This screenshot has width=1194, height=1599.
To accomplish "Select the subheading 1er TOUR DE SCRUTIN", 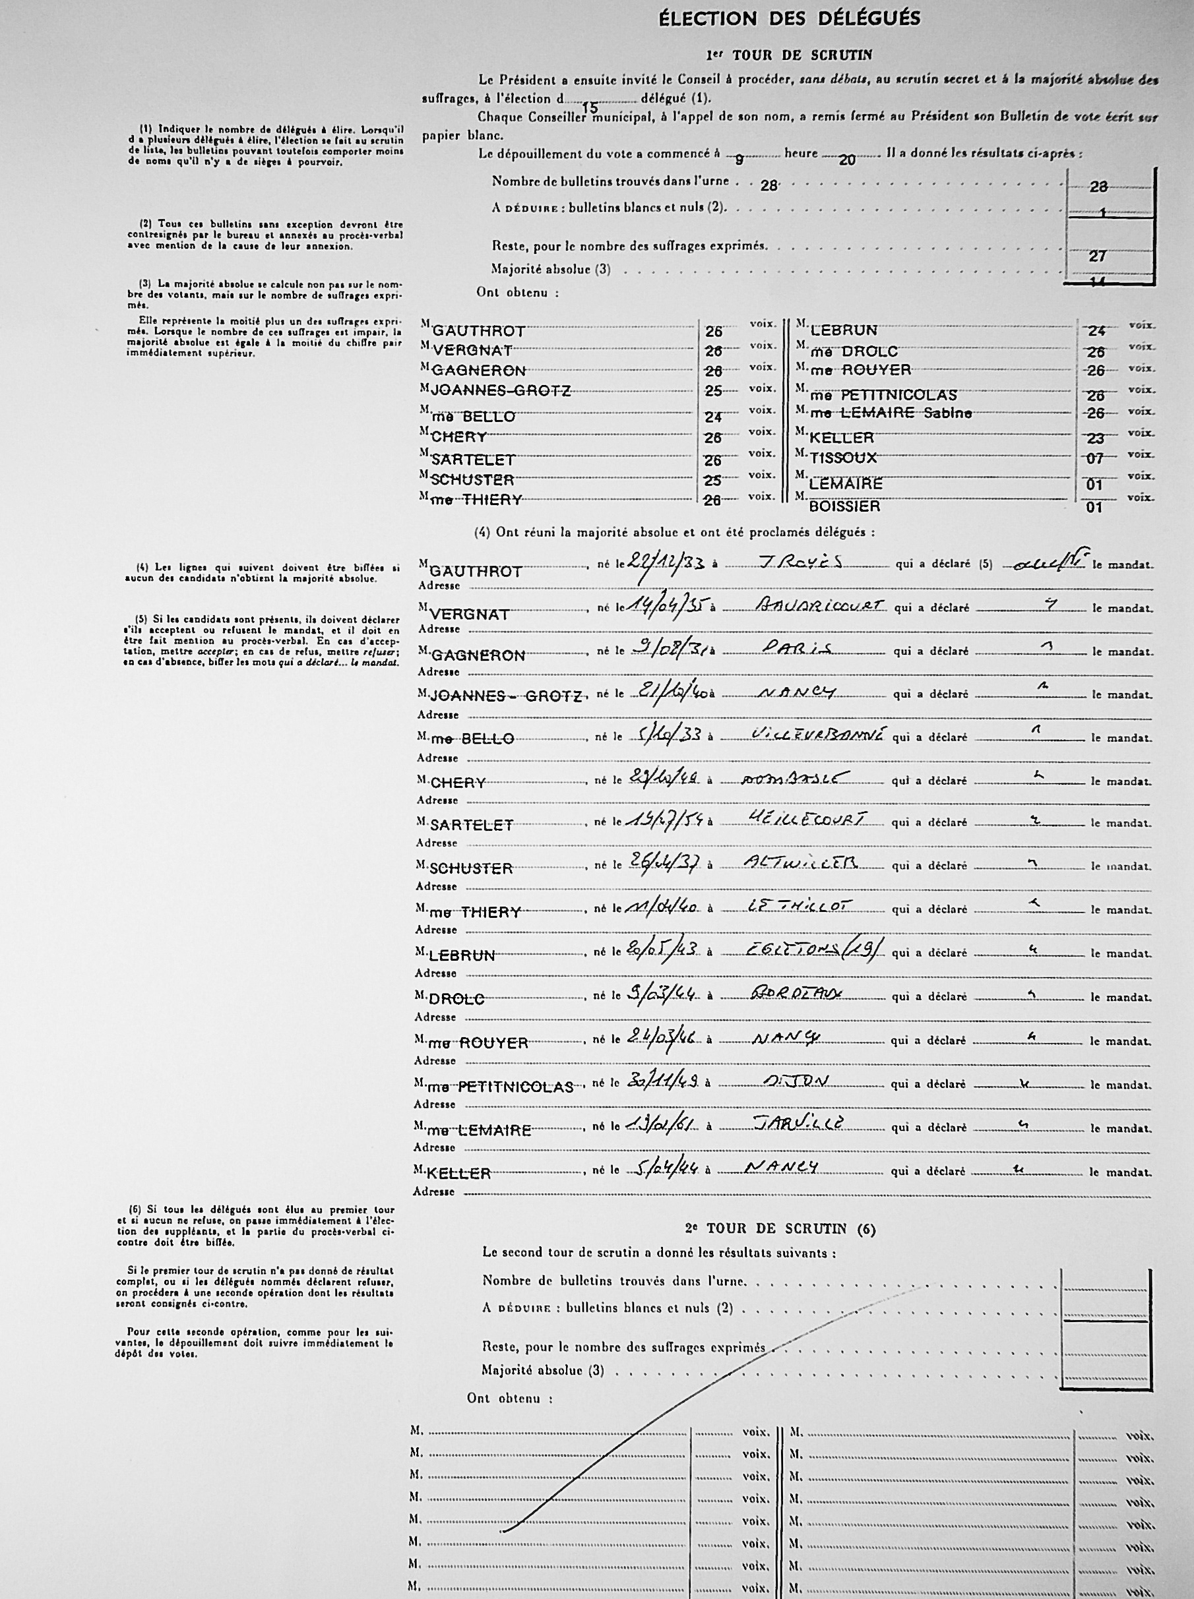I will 789,55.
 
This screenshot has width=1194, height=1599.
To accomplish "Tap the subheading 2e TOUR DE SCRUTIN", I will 780,1229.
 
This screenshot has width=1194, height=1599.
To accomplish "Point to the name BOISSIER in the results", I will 844,506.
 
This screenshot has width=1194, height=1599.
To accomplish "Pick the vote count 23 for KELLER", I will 1096,437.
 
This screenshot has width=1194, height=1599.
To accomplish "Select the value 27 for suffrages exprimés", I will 1097,256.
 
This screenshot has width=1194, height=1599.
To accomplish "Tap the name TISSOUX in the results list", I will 843,458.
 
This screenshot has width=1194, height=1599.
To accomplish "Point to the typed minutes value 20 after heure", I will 847,160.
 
